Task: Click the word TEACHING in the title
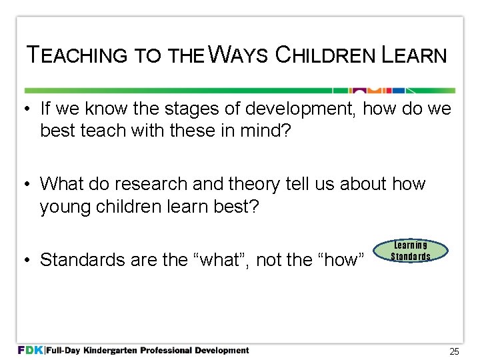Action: pyautogui.click(x=75, y=55)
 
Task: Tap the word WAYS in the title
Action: pyautogui.click(x=237, y=55)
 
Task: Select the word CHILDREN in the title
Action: pyautogui.click(x=325, y=55)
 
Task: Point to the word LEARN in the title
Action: pyautogui.click(x=414, y=55)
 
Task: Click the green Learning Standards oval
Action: pyautogui.click(x=411, y=251)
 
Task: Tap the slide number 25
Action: pyautogui.click(x=454, y=351)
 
